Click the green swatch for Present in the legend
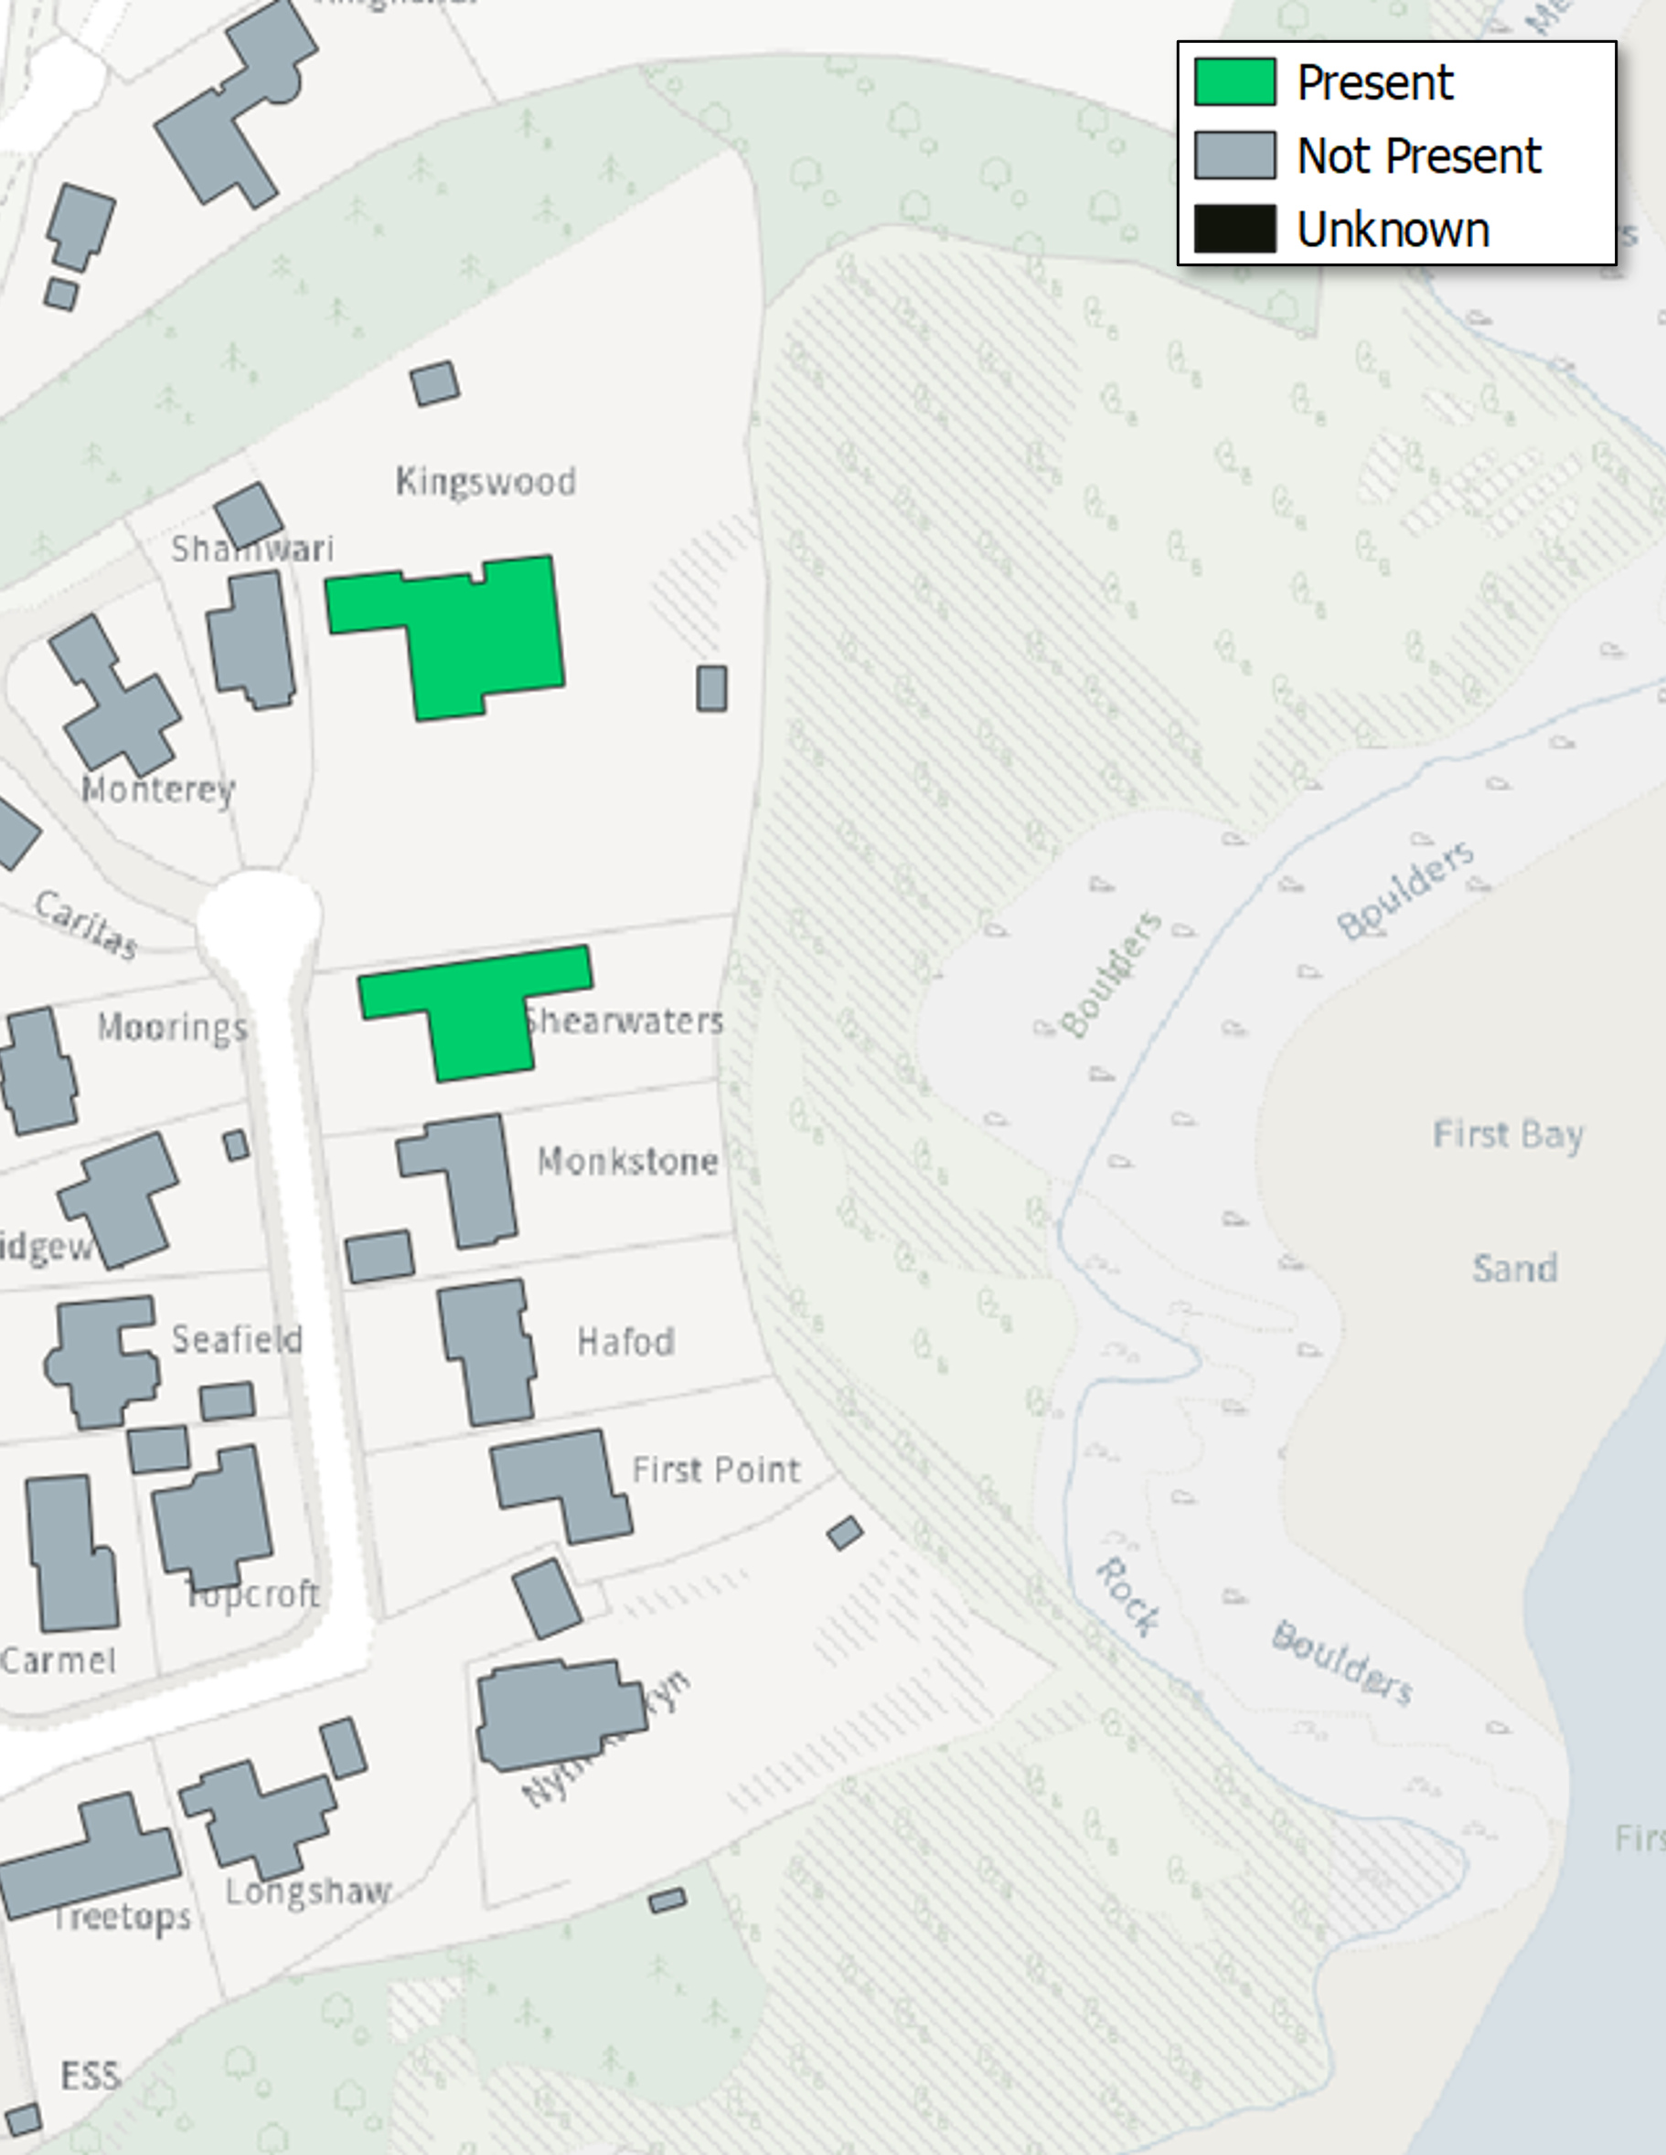tap(1234, 82)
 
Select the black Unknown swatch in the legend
tap(1234, 229)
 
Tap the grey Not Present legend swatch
tap(1234, 155)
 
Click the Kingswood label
tap(486, 481)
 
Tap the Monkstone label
tap(627, 1162)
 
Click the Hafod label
tap(625, 1342)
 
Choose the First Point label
tap(716, 1470)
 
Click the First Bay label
tap(1507, 1135)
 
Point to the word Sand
tap(1514, 1268)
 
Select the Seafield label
tap(237, 1339)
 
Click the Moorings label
tap(172, 1027)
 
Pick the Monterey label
tap(158, 788)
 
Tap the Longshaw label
tap(308, 1892)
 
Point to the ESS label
tap(91, 2075)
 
